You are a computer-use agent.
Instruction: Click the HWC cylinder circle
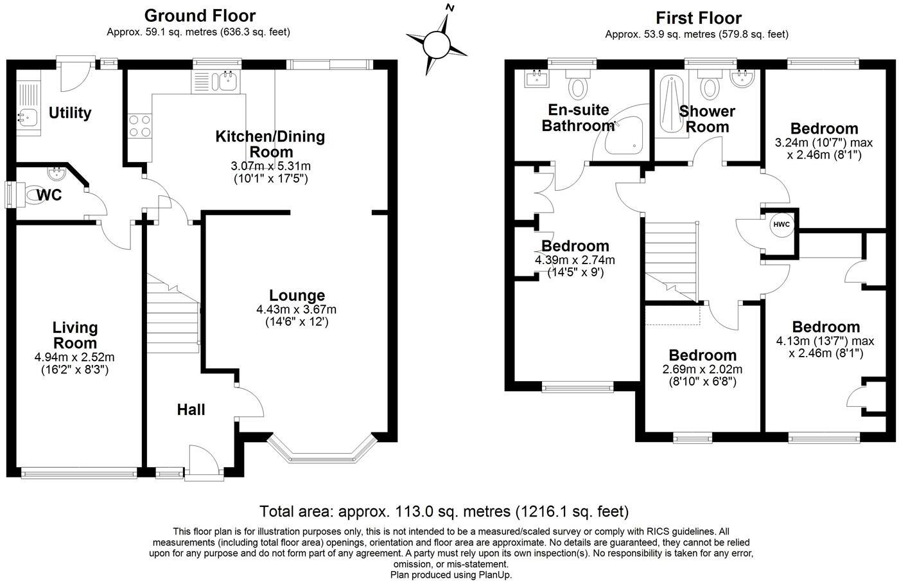781,224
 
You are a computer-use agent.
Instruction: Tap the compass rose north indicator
451,9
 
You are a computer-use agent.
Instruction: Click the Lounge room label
297,296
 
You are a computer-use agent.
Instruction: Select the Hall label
191,409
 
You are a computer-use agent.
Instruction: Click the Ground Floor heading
200,15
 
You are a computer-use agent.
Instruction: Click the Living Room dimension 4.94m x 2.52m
75,357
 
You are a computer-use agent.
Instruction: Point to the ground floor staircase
172,315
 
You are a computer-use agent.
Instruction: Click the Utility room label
70,113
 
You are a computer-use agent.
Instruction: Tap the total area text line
444,511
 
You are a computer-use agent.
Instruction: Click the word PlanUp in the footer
493,575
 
